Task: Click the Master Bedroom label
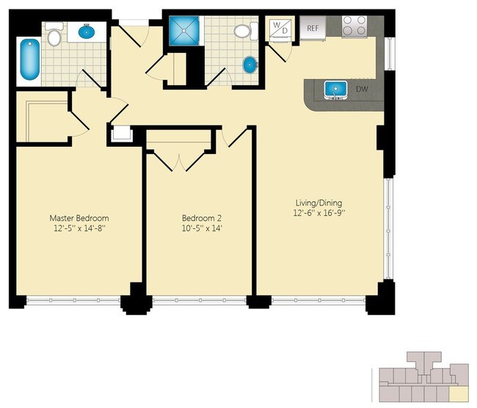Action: coord(79,218)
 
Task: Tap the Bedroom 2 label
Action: coord(202,218)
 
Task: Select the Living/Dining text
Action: coord(318,203)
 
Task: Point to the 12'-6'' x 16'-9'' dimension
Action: coord(319,213)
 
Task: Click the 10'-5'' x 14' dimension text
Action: coord(202,228)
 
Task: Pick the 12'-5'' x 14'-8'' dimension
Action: coord(79,228)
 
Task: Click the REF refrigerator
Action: coord(313,28)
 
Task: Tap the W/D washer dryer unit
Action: coord(280,29)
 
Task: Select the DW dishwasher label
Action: coord(362,89)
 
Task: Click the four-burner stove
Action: coord(354,26)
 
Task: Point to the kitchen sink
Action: coord(336,90)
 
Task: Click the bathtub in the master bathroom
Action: coord(30,59)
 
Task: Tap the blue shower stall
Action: coord(183,31)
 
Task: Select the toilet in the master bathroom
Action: coord(54,34)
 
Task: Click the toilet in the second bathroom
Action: coord(246,31)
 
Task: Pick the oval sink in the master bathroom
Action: coord(87,32)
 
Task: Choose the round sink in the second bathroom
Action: coord(250,65)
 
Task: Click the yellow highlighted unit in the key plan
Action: coord(459,394)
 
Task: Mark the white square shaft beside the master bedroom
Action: coord(121,134)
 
